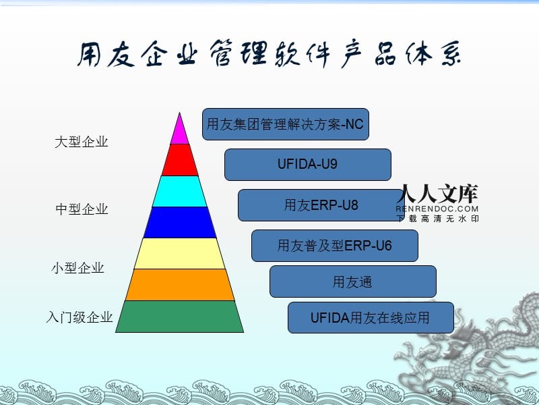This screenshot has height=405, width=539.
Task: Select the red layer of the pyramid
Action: tap(179, 160)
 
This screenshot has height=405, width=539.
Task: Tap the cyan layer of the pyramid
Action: tap(179, 191)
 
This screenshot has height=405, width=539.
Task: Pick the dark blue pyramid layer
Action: tap(179, 222)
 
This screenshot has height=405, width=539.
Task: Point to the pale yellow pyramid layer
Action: tap(179, 253)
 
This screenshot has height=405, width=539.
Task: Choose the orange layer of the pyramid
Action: tap(179, 284)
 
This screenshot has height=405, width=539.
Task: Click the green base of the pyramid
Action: tap(179, 316)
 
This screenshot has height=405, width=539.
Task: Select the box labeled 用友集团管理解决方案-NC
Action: tap(286, 124)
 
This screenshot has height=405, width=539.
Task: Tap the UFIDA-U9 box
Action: tap(308, 165)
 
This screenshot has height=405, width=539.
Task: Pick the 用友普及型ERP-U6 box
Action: tap(335, 246)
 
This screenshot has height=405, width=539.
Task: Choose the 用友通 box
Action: tap(353, 281)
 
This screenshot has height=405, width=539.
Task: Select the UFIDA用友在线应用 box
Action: tap(371, 317)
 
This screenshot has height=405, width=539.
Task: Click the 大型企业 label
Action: tap(81, 142)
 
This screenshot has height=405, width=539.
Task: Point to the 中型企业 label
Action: tap(81, 209)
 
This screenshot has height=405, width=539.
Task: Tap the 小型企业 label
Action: tap(78, 268)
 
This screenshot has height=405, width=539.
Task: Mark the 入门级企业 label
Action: tap(80, 317)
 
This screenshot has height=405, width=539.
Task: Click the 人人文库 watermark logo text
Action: tap(438, 194)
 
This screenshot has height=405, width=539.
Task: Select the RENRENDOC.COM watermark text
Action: tap(438, 209)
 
